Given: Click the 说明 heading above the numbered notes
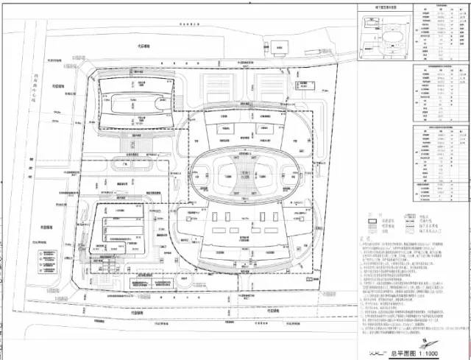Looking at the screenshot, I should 365,240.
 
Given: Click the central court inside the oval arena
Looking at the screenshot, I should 236,174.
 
